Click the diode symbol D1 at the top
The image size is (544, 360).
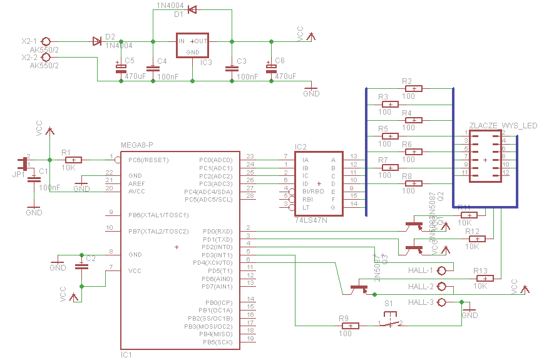click(192, 9)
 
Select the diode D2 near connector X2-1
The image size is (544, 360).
click(97, 41)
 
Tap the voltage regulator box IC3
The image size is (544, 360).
click(192, 45)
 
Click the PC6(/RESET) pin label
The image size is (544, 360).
click(148, 160)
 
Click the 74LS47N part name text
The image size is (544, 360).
click(312, 220)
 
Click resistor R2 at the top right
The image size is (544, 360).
click(414, 88)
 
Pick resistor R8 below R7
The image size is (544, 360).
click(413, 183)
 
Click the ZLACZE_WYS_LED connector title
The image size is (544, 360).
click(503, 126)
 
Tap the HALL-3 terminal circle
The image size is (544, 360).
click(443, 302)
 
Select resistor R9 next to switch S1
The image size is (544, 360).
click(351, 326)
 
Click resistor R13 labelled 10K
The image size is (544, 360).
click(486, 278)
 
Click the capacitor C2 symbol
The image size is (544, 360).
click(81, 267)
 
